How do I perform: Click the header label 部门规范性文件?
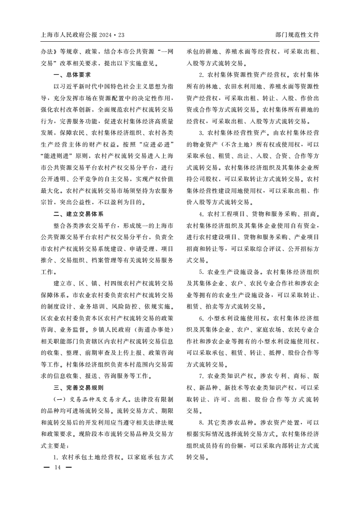click(x=297, y=34)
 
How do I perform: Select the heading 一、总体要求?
click(x=72, y=74)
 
